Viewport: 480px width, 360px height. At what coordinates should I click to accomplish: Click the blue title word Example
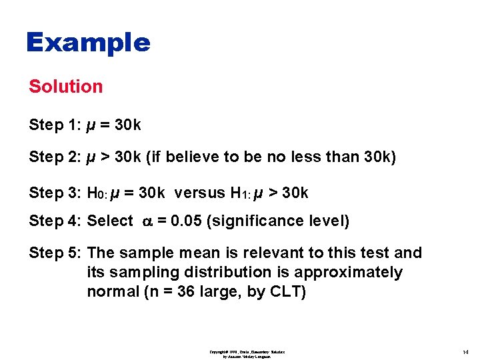88,43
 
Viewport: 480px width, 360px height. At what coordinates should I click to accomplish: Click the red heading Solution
66,87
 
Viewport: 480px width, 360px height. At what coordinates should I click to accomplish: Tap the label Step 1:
55,125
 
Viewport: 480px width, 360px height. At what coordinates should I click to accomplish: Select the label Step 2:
55,158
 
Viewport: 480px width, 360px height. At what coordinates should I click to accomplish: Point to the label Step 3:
55,193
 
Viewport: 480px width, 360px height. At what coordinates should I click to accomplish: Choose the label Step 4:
55,221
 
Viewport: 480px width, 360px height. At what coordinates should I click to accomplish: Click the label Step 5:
55,253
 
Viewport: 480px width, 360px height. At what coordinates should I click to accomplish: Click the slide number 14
465,351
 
